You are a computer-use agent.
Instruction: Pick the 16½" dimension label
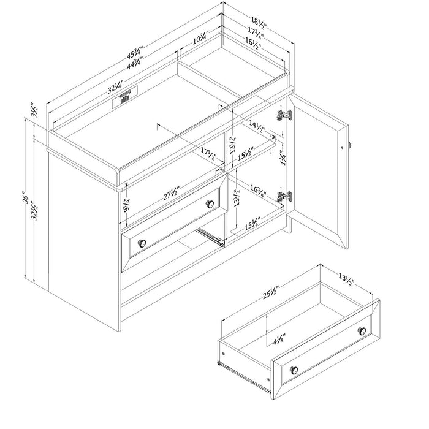[x=252, y=44]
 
